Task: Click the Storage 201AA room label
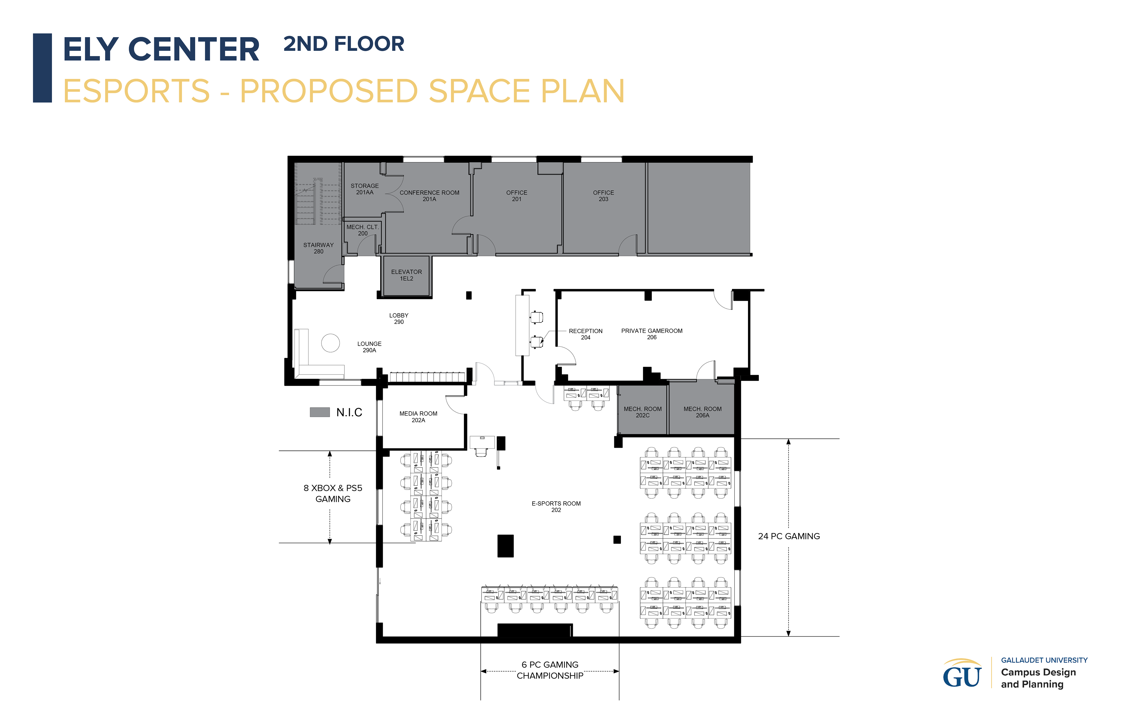[364, 189]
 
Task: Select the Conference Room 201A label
[429, 196]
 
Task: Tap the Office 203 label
[603, 196]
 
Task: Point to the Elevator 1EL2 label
[406, 275]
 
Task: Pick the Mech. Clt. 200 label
[363, 230]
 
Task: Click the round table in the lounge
[330, 343]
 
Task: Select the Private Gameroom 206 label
[652, 334]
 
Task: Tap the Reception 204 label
[586, 334]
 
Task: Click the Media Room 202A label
[418, 417]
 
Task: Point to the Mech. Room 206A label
[702, 412]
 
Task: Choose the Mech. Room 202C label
[643, 412]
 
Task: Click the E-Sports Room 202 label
[556, 506]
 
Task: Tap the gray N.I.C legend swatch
[320, 412]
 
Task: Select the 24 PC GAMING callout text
[789, 536]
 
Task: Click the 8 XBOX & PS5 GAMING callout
[333, 493]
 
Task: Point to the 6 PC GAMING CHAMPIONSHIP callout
[550, 670]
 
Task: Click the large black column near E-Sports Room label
[505, 546]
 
